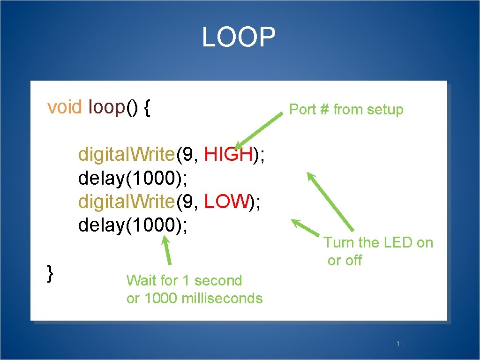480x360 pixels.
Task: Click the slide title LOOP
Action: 239,37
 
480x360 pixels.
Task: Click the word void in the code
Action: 65,107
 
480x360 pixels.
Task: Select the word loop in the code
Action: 106,107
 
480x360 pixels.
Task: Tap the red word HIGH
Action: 229,154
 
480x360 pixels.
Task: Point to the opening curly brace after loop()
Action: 147,108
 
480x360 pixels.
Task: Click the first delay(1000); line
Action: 134,178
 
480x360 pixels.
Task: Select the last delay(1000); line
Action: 134,225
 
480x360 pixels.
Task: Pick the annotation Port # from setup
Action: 346,110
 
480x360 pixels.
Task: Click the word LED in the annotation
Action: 399,243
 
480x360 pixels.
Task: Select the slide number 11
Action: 399,344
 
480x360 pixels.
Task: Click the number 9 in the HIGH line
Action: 189,154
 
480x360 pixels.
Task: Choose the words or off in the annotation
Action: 345,261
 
